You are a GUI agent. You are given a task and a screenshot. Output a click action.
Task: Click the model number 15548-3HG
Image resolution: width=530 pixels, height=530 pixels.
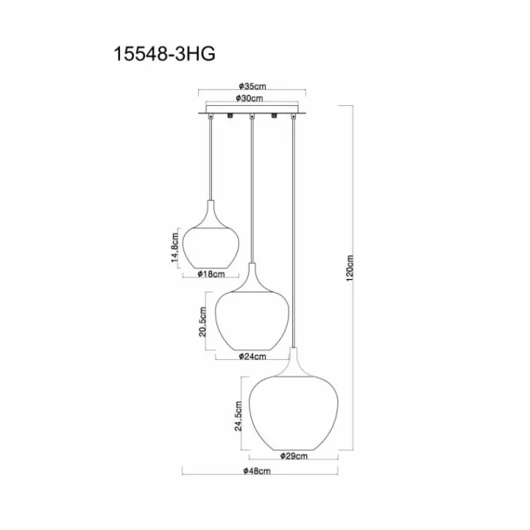(x=164, y=54)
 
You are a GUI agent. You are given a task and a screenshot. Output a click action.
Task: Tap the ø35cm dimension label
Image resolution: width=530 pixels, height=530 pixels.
(x=252, y=86)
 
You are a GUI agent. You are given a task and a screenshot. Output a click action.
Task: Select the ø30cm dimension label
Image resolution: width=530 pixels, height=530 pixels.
(x=250, y=98)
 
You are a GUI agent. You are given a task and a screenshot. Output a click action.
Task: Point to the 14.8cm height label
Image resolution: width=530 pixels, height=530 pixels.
(x=175, y=247)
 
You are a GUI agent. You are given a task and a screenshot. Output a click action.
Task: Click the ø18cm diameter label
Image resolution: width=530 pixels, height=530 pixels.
(x=211, y=274)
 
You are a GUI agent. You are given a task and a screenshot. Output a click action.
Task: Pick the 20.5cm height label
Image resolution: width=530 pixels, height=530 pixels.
(x=202, y=321)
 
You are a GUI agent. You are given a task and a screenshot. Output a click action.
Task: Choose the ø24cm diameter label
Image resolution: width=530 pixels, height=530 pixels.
(x=252, y=356)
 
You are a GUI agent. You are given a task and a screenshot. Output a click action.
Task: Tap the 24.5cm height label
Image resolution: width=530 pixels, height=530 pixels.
(x=238, y=416)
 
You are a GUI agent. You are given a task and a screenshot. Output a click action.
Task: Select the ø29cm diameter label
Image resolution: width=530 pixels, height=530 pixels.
(x=293, y=456)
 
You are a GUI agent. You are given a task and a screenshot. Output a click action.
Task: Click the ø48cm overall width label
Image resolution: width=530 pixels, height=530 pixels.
(x=257, y=470)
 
